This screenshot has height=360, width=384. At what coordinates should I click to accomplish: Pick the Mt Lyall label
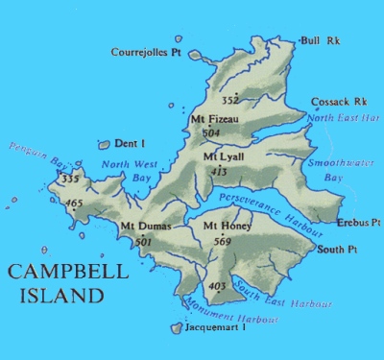point(223,156)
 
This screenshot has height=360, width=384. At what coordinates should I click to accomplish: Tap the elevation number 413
point(219,171)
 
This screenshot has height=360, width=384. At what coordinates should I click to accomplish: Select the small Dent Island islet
point(104,146)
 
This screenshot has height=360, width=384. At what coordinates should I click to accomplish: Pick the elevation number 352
point(230,99)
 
